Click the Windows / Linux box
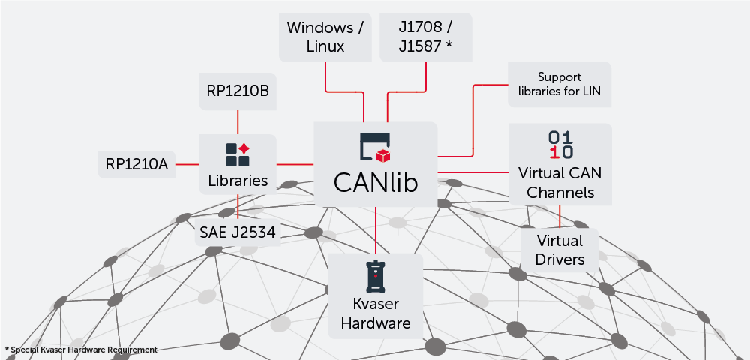325,37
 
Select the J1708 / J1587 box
426,37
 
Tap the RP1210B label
238,91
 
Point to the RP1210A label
136,164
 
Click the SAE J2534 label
238,232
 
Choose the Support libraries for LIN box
559,85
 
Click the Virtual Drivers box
559,250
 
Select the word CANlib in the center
375,183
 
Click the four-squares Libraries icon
238,154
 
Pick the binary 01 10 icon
560,145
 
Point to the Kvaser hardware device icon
375,277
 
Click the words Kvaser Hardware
376,314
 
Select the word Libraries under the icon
238,181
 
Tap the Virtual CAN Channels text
559,182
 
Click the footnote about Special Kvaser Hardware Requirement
81,349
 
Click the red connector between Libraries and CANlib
295,164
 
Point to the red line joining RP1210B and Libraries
238,122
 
